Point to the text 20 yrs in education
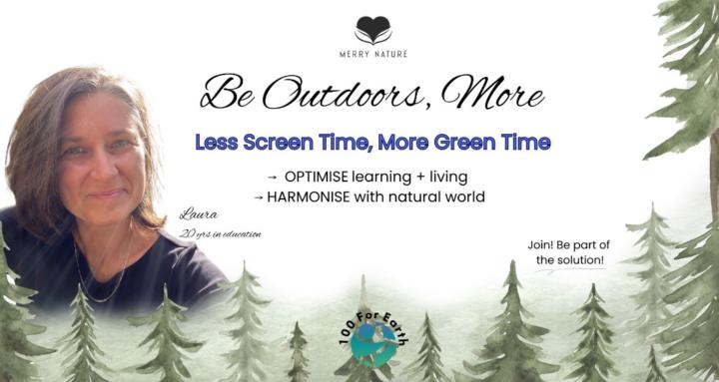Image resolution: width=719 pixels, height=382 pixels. point(217,234)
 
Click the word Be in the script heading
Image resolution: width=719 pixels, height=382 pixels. point(226,95)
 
